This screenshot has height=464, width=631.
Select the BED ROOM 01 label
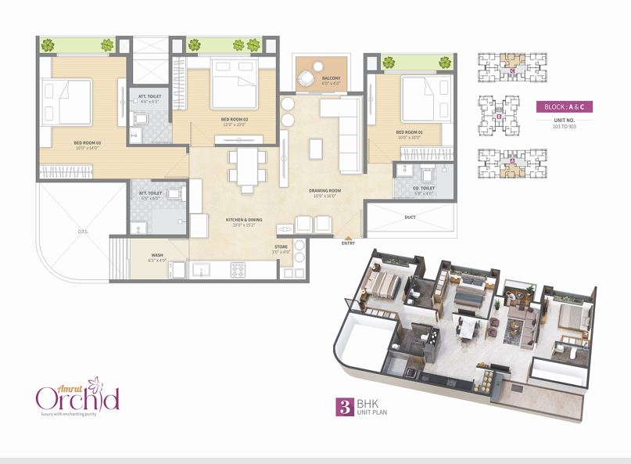click(x=409, y=132)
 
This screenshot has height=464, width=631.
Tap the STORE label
click(x=281, y=247)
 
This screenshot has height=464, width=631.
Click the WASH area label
click(x=158, y=255)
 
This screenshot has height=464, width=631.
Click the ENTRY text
click(x=348, y=243)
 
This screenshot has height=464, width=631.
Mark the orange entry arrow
click(x=348, y=236)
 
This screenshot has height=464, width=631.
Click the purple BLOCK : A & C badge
click(x=565, y=106)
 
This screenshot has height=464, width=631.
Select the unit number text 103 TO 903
click(x=565, y=125)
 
